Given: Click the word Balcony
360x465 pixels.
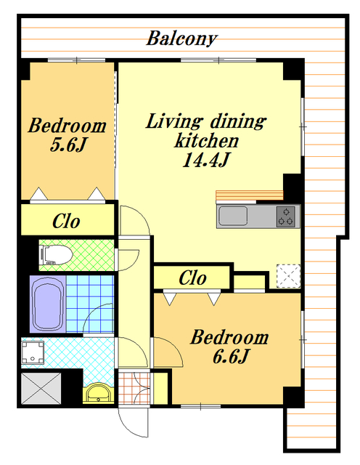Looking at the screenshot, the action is coord(182,39).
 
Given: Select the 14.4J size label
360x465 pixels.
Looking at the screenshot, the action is coord(206,160).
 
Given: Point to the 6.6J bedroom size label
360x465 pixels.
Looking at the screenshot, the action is coord(230,357).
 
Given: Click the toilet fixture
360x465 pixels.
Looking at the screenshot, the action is coord(56,255).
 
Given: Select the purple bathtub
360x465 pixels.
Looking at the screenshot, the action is coord(48,304).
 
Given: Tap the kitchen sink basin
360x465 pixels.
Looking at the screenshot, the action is coord(233,216).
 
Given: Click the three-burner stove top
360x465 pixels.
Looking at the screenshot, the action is coord(286,217).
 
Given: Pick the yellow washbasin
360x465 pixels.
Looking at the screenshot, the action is coord(99,393).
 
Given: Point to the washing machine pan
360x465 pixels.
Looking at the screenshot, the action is coord(33,352).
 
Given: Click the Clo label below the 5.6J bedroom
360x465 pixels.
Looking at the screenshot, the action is coord(66,221).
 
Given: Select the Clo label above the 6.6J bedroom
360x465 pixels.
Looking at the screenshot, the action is coord(192,278).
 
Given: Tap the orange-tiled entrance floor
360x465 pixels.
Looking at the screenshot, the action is coord(134,388).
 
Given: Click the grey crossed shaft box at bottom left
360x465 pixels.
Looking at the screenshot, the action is coord(41,389).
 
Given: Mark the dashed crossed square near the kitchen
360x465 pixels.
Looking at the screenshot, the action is coord(289,276).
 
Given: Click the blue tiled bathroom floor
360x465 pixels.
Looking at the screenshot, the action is coord(90,304).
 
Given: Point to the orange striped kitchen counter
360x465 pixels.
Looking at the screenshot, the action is coord(250,195).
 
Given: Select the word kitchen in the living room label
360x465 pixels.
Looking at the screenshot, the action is coord(207,140).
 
